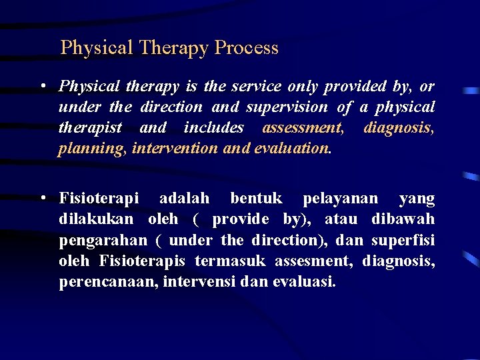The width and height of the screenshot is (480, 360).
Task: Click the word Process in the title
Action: pyautogui.click(x=247, y=48)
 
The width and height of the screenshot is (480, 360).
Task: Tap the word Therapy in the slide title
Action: pyautogui.click(x=174, y=48)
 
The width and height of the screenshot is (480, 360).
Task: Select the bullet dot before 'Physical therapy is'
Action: pyautogui.click(x=42, y=87)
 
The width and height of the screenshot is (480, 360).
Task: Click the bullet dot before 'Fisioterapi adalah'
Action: pyautogui.click(x=42, y=199)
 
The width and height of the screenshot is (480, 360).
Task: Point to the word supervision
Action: pyautogui.click(x=288, y=107)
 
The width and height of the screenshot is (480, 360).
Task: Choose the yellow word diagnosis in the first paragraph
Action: pyautogui.click(x=399, y=128)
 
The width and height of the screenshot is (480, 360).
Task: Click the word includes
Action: pyautogui.click(x=214, y=128)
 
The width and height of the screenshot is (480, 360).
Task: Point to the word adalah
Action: pyautogui.click(x=184, y=199)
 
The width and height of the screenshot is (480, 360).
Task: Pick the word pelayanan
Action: pyautogui.click(x=340, y=199)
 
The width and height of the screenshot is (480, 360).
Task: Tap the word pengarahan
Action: pyautogui.click(x=103, y=240)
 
